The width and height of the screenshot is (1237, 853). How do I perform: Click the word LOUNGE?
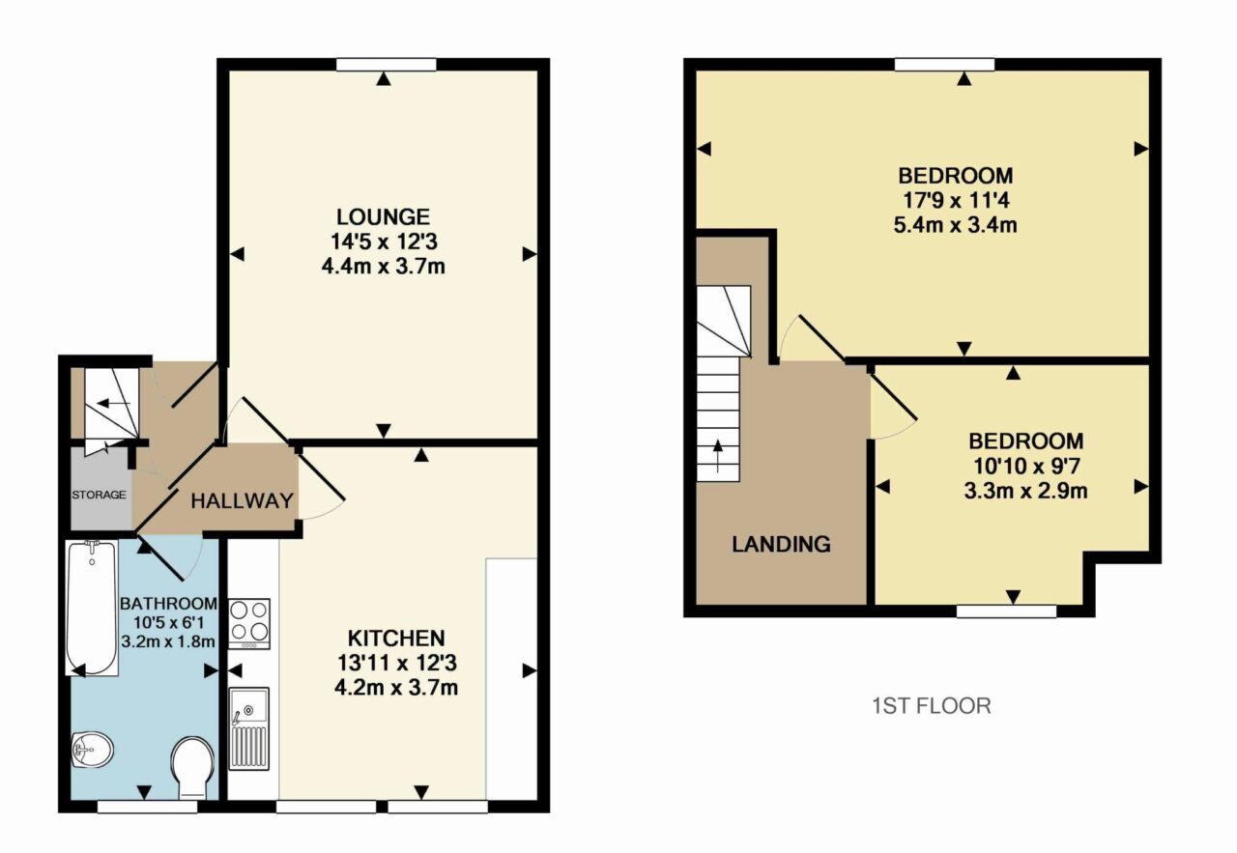[x=384, y=217]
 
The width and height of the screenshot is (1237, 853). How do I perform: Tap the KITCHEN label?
[x=396, y=639]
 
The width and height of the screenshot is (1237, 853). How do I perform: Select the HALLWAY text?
[x=242, y=500]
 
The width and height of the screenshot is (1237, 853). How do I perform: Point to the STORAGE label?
[x=99, y=495]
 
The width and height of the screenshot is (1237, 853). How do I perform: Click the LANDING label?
[x=781, y=545]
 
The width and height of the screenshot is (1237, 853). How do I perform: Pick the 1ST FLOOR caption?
[x=932, y=706]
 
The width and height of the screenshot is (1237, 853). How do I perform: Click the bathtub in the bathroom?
[x=92, y=608]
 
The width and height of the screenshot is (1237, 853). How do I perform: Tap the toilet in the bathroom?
[x=192, y=767]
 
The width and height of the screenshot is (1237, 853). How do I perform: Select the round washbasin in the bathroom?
[x=93, y=750]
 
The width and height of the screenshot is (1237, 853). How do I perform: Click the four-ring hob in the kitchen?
[x=249, y=624]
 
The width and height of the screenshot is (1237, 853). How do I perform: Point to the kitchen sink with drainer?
[x=248, y=728]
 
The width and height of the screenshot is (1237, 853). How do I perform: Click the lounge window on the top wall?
[x=386, y=65]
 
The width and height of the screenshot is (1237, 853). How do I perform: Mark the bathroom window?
[x=147, y=807]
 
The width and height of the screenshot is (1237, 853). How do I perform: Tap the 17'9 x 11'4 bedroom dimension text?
[x=956, y=200]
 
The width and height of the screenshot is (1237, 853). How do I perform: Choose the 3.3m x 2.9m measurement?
[x=1025, y=491]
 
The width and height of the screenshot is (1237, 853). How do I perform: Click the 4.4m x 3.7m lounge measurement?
[x=384, y=267]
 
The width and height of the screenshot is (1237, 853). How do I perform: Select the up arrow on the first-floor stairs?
[x=718, y=456]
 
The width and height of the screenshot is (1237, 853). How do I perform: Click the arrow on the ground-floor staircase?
[x=113, y=404]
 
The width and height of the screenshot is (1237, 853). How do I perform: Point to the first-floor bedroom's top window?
[x=944, y=65]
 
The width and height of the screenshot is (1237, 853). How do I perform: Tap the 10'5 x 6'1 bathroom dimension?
[x=168, y=623]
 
